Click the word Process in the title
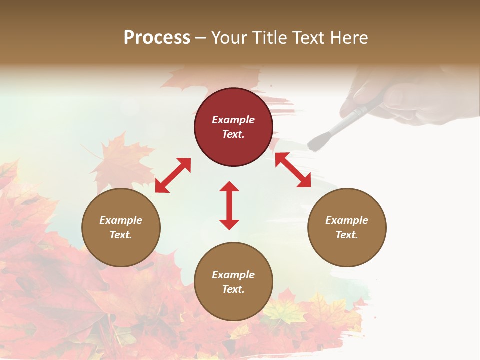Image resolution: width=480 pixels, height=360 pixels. click(x=157, y=38)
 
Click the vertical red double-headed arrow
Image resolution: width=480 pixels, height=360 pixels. click(x=229, y=205)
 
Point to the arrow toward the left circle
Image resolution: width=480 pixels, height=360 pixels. click(x=173, y=175)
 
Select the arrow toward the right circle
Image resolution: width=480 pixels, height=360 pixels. click(x=293, y=170)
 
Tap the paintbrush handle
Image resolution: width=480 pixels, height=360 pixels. click(x=352, y=118)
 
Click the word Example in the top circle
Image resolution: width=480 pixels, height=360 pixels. click(x=233, y=120)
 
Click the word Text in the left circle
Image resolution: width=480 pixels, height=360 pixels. click(x=121, y=235)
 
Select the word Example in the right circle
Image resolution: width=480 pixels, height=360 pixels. click(x=347, y=220)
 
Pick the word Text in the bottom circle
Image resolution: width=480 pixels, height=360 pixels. click(x=233, y=289)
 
